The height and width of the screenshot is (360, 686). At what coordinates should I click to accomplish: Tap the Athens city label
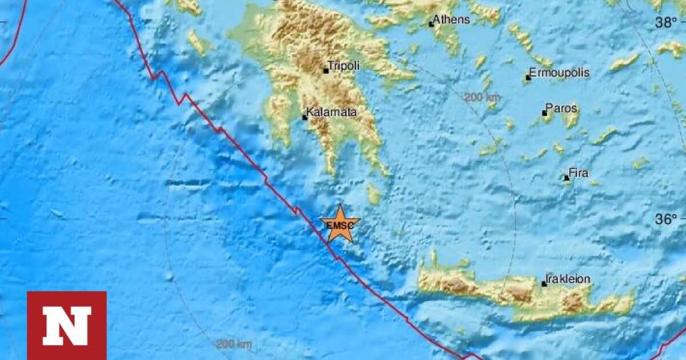click(452, 19)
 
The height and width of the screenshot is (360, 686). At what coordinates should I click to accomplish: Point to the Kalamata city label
click(332, 112)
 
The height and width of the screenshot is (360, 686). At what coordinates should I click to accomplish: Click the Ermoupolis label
click(559, 73)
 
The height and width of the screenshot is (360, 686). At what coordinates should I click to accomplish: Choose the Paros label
click(561, 107)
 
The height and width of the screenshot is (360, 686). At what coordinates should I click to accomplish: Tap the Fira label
click(579, 173)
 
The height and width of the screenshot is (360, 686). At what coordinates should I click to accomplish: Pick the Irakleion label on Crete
click(568, 279)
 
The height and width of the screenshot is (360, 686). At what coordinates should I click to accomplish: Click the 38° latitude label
click(666, 22)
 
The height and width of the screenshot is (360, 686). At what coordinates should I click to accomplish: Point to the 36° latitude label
click(666, 219)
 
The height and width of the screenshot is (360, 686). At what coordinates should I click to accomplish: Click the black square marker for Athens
click(432, 24)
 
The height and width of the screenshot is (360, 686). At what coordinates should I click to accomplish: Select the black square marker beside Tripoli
click(326, 71)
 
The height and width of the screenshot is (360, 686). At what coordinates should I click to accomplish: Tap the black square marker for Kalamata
click(305, 118)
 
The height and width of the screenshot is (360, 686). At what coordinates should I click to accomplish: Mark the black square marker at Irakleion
click(544, 283)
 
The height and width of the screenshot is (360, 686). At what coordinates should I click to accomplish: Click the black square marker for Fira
click(567, 178)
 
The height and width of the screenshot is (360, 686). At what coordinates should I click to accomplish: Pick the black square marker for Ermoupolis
click(528, 78)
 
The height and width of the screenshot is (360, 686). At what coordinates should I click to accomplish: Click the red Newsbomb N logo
click(67, 325)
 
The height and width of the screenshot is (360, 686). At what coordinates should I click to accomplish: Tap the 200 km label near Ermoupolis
click(481, 97)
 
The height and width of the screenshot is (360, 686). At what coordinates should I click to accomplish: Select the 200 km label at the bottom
click(234, 345)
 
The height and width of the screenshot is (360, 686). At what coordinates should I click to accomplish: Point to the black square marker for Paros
click(545, 113)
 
